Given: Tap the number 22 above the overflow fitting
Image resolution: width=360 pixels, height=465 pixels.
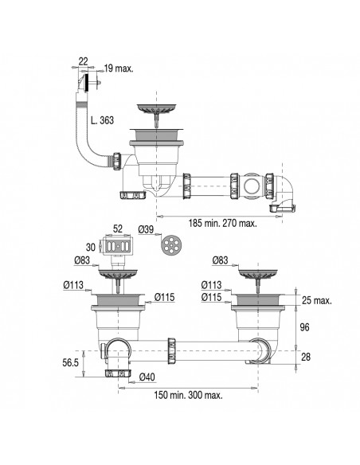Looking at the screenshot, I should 84,61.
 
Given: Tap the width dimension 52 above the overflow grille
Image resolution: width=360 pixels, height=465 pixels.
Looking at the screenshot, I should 117,229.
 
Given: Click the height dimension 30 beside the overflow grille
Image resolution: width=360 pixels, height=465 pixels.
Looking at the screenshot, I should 90,246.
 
